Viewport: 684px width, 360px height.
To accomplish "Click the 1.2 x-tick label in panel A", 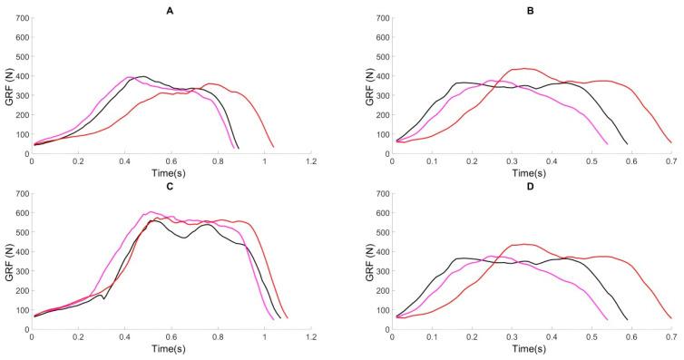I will coord(311,161).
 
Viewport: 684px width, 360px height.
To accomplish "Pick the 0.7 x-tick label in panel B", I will coord(671,161).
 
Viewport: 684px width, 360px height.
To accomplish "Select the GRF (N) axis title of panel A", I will coord(7,86).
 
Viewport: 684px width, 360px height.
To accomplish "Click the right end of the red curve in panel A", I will coord(273,147).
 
